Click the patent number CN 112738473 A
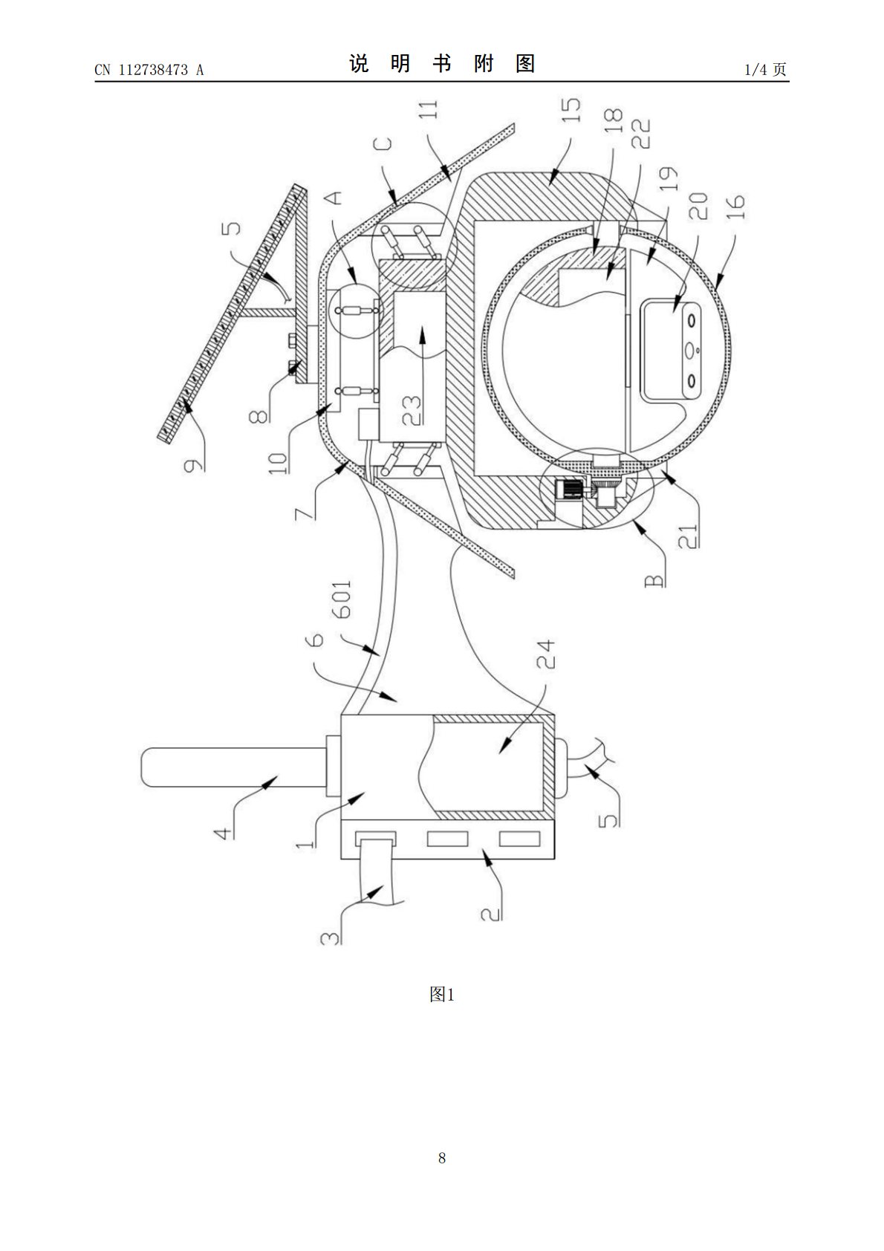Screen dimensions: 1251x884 coord(149,70)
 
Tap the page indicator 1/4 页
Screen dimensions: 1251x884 coord(765,70)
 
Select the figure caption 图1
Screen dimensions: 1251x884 coord(441,995)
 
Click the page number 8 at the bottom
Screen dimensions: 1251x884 coord(442,1157)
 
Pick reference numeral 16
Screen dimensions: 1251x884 coord(734,207)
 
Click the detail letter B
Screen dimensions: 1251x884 coord(654,578)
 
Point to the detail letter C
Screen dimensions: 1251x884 coord(383,143)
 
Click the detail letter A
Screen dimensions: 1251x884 coord(335,197)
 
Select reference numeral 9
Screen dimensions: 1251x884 coord(192,466)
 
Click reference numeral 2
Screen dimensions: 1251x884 coord(491,912)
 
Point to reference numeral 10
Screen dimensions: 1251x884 coord(277,463)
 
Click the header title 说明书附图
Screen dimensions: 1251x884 coord(442,64)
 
